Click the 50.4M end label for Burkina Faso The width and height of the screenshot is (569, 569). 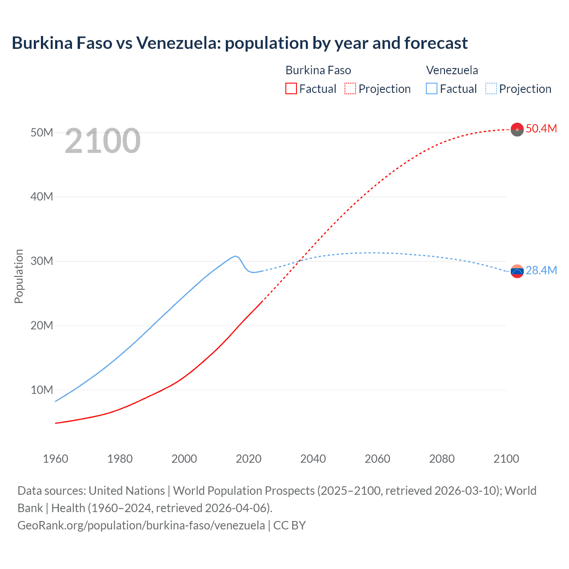pos(541,128)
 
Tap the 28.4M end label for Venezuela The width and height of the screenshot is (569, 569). pos(541,270)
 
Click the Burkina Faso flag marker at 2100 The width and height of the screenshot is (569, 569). pos(517,129)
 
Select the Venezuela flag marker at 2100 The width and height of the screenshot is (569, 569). pos(517,271)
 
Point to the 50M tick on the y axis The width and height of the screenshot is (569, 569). pos(42,132)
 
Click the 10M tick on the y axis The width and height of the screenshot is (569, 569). pos(42,390)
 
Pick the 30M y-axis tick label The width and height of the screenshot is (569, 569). pos(42,261)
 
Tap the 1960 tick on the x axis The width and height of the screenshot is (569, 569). pos(56,459)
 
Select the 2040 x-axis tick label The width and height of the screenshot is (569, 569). pos(313,459)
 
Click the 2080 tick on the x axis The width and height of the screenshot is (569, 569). pos(442,459)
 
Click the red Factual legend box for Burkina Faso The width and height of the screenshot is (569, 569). pos(291,89)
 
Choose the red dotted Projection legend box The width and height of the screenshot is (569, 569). pos(350,89)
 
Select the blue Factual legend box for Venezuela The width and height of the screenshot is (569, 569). pos(432,89)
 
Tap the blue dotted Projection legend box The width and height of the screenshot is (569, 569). pos(491,89)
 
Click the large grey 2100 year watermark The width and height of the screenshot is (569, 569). pos(103,141)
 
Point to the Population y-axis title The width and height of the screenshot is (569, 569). pos(19,276)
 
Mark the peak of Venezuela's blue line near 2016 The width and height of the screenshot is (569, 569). pos(235,256)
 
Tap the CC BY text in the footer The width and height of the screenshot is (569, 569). pos(289,525)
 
